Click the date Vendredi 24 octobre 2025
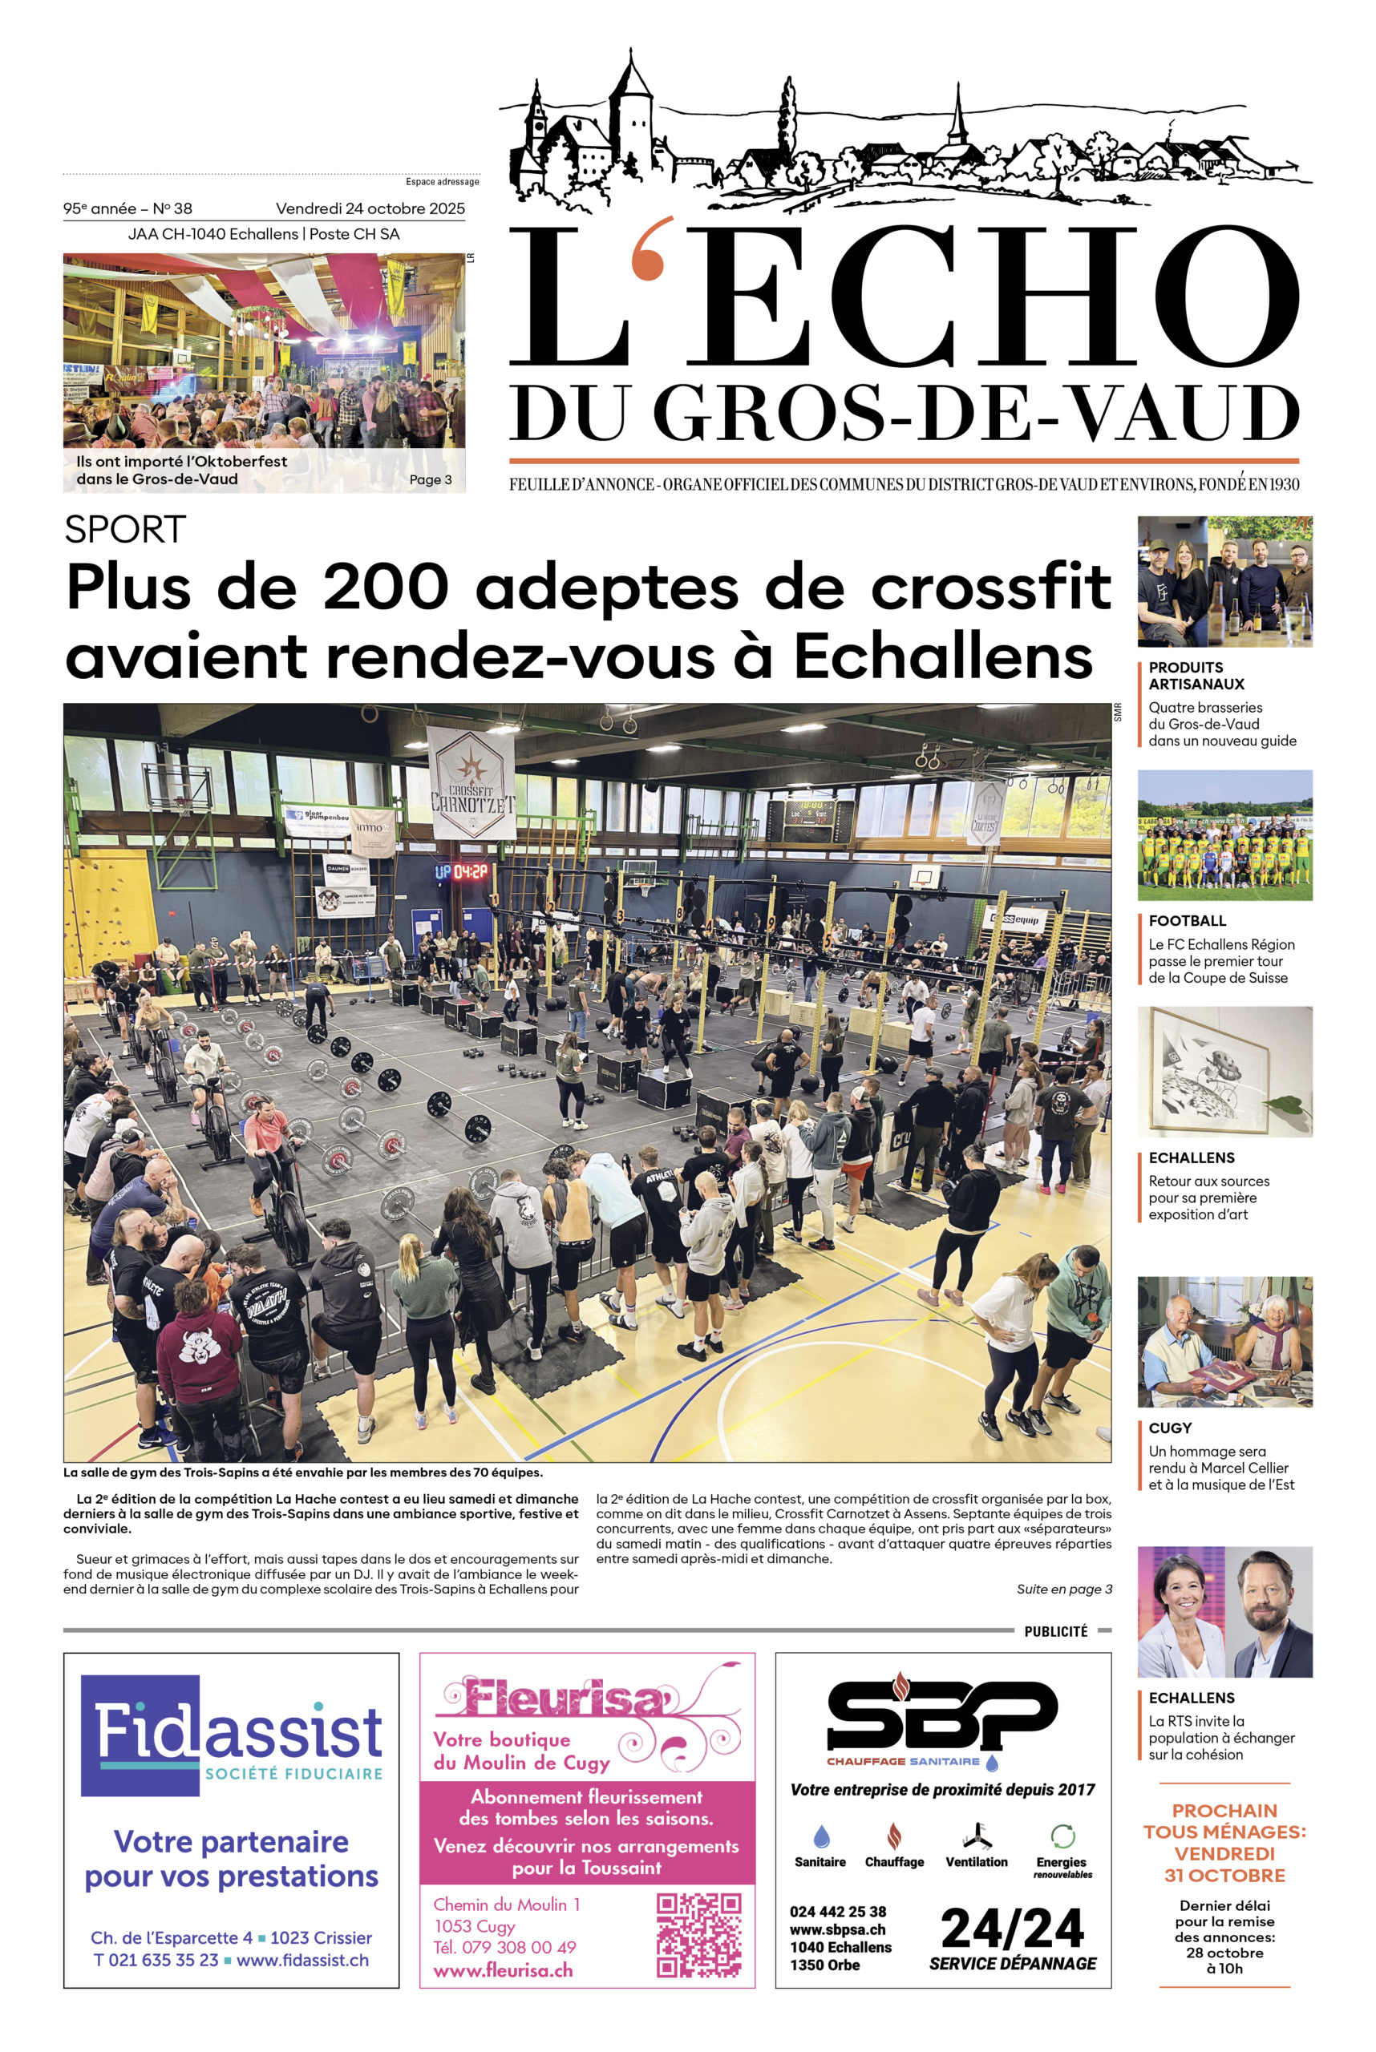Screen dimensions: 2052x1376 pyautogui.click(x=370, y=208)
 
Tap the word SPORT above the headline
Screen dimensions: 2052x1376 pyautogui.click(x=124, y=529)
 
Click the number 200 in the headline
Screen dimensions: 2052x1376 pyautogui.click(x=386, y=587)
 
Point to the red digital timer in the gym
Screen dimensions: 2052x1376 pyautogui.click(x=462, y=871)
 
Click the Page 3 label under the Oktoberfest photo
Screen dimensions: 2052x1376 pyautogui.click(x=430, y=480)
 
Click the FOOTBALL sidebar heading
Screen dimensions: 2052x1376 pyautogui.click(x=1187, y=920)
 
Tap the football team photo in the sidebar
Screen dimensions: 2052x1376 pyautogui.click(x=1224, y=835)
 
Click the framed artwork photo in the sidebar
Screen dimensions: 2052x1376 pyautogui.click(x=1224, y=1071)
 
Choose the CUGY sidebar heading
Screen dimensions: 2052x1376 pyautogui.click(x=1170, y=1428)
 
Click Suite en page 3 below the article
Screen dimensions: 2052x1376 pyautogui.click(x=1063, y=1589)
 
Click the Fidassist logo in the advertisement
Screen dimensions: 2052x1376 pyautogui.click(x=232, y=1736)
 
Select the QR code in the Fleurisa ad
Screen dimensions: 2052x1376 pyautogui.click(x=698, y=1934)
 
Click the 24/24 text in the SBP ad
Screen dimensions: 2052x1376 pyautogui.click(x=1012, y=1929)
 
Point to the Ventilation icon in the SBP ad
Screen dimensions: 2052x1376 pyautogui.click(x=976, y=1836)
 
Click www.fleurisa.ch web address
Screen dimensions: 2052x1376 pyautogui.click(x=502, y=1970)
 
